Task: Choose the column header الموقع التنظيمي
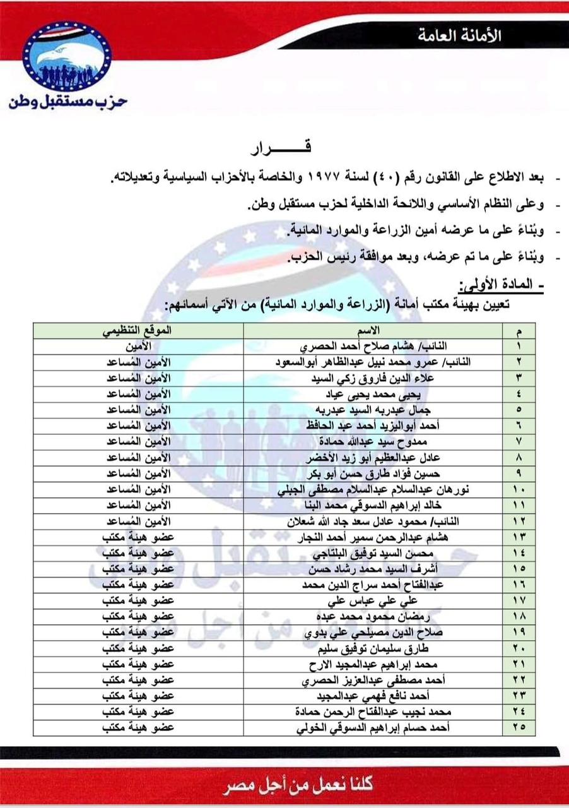point(138,331)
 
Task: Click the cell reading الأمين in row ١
point(138,347)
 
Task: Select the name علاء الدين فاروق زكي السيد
point(373,379)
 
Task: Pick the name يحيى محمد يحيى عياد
point(372,395)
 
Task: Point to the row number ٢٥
point(519,728)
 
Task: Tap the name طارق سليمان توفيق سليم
point(373,648)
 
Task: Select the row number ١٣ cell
point(519,537)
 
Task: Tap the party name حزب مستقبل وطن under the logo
point(68,102)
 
